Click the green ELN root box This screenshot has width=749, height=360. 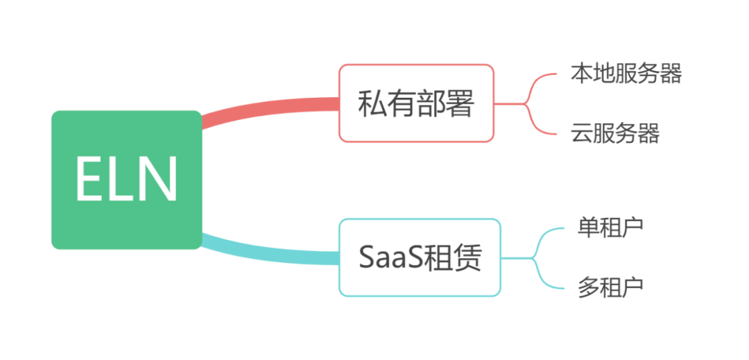tap(126, 179)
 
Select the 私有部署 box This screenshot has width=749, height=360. tap(416, 103)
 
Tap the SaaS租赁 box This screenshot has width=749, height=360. tap(420, 258)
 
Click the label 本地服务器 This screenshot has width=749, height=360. tap(626, 73)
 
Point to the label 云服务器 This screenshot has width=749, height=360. tap(614, 132)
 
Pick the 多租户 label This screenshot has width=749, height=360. tap(610, 285)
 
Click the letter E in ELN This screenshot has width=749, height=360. tap(89, 179)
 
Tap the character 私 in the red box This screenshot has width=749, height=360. tap(372, 104)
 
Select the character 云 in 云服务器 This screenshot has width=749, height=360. tap(582, 132)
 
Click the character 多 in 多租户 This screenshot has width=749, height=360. tap(589, 285)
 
